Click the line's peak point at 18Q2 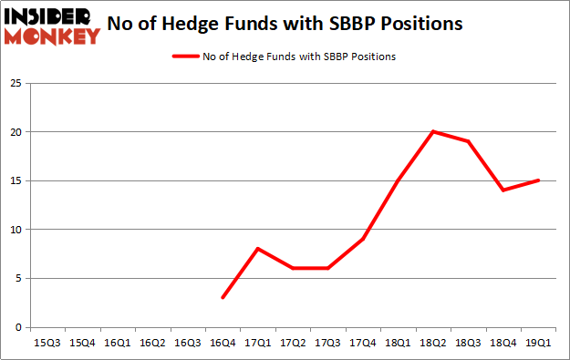point(432,131)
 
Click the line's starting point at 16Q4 point(223,297)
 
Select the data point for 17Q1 point(258,249)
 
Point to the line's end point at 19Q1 point(538,180)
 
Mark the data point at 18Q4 point(503,190)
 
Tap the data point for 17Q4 point(363,239)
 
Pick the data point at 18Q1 point(398,180)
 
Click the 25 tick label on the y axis point(16,83)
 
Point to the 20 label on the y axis point(16,132)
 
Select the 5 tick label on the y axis point(18,278)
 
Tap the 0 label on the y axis point(18,327)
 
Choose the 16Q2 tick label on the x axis point(152,343)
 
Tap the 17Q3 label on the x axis point(327,343)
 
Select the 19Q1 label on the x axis point(538,343)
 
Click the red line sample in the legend point(185,57)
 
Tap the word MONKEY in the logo point(51,36)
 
